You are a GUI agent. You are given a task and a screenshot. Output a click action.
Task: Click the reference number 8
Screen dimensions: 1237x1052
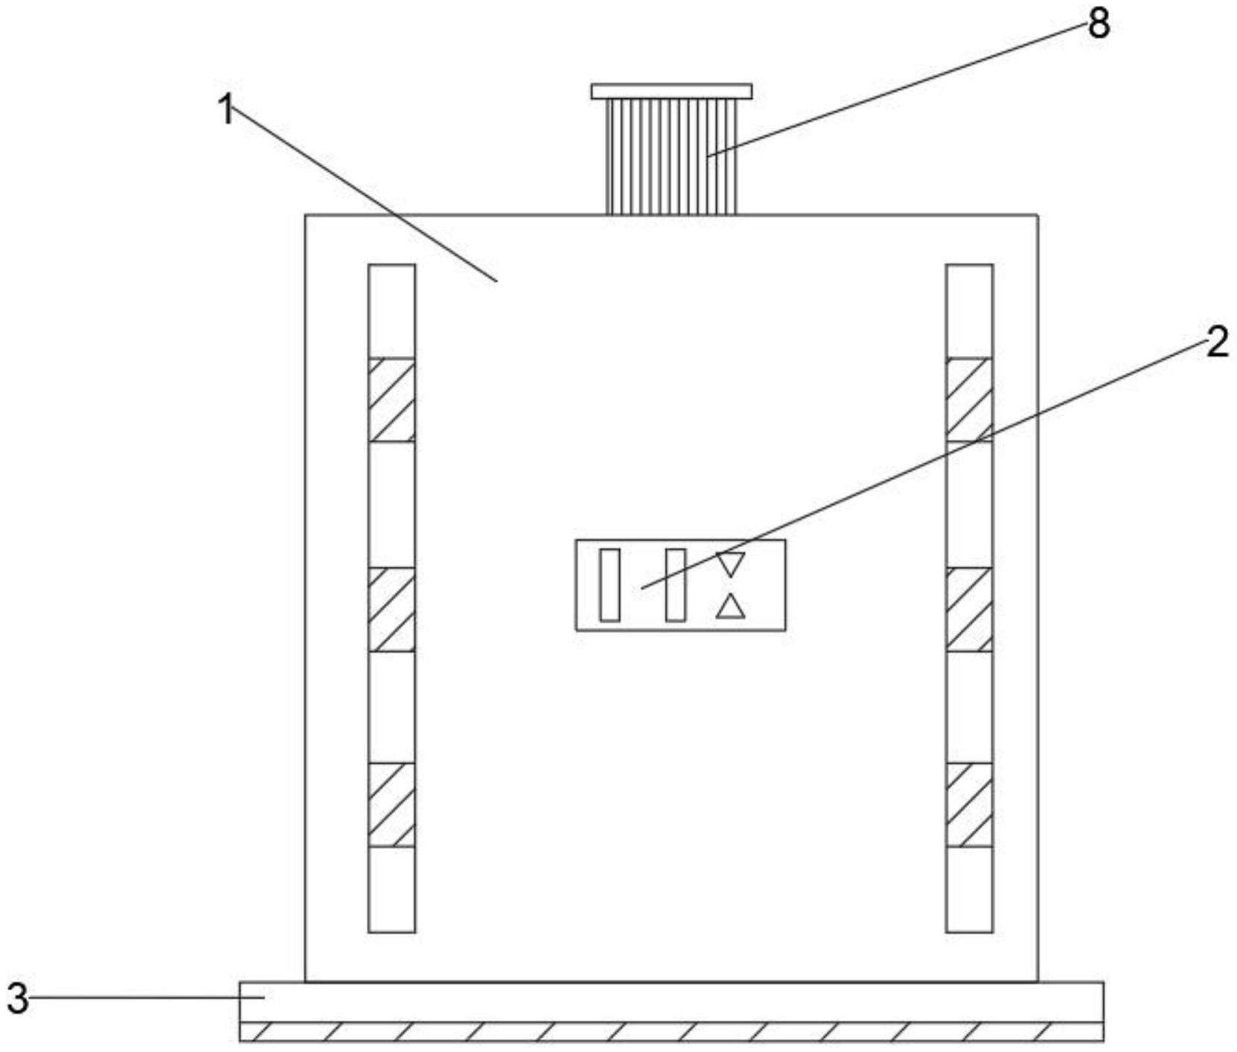[1099, 24]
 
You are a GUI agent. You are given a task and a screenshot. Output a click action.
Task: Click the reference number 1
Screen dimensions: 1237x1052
[226, 110]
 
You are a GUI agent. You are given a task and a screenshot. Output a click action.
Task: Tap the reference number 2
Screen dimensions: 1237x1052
[1216, 343]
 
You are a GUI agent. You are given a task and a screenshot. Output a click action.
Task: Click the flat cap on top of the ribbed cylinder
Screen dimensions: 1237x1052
[671, 91]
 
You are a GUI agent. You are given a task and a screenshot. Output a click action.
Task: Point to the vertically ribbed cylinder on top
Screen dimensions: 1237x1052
[671, 156]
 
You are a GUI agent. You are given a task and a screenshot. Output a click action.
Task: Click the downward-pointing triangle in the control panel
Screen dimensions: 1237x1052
[730, 563]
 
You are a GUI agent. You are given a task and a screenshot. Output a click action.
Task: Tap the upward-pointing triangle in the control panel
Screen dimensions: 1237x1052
[730, 608]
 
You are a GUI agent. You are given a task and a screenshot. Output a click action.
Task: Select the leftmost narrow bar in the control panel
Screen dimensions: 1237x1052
[610, 584]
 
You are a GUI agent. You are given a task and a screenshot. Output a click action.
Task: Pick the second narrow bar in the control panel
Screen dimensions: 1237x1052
[675, 584]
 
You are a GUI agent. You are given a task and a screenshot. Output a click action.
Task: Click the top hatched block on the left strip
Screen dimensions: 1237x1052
[391, 400]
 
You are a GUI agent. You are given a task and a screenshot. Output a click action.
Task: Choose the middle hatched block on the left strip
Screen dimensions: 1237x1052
[391, 610]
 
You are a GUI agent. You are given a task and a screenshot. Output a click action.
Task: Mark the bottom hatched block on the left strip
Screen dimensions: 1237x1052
[391, 805]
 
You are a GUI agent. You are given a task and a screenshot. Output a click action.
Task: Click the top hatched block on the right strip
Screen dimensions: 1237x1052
[969, 400]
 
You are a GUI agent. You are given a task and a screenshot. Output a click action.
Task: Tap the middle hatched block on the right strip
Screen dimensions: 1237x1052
[969, 610]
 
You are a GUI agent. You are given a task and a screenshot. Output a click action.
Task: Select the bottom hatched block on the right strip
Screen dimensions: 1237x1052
[969, 805]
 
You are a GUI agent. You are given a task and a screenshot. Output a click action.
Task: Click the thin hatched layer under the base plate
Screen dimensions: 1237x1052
[671, 1032]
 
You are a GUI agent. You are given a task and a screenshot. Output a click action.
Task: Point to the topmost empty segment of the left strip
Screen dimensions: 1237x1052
[391, 311]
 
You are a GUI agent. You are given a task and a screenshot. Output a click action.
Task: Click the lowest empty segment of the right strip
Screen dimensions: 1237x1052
[969, 889]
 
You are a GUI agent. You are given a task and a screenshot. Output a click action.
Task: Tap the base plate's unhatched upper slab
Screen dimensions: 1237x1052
[671, 1002]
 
